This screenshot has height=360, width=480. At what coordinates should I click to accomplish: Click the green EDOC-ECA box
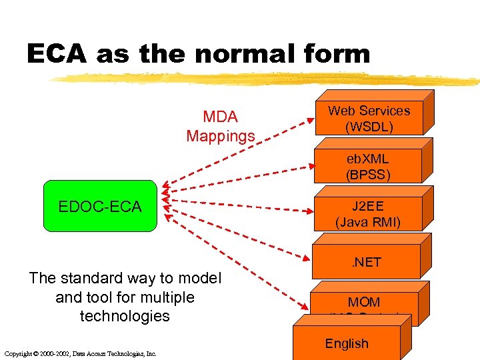click(x=100, y=206)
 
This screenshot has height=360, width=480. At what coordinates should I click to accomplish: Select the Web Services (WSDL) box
click(x=369, y=119)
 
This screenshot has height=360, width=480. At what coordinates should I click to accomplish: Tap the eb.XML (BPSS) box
click(x=367, y=167)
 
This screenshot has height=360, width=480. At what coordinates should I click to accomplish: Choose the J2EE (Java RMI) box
click(x=368, y=214)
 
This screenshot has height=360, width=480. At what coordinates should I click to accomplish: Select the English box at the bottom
click(x=347, y=344)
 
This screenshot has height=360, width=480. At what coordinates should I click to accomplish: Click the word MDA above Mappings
click(x=221, y=117)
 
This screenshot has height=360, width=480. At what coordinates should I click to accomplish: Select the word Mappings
click(x=221, y=136)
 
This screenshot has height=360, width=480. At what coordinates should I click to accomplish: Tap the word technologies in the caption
click(x=125, y=315)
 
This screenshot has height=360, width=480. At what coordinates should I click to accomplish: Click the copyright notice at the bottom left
click(x=79, y=353)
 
